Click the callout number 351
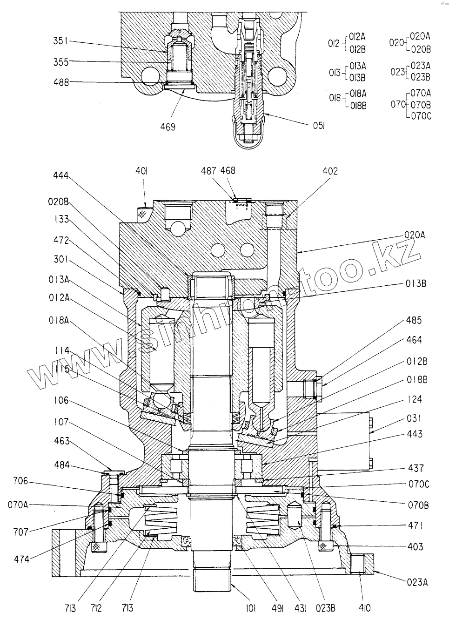60,41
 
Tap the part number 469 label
168,126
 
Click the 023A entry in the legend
421,66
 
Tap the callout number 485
413,320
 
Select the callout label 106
60,400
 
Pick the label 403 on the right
415,547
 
